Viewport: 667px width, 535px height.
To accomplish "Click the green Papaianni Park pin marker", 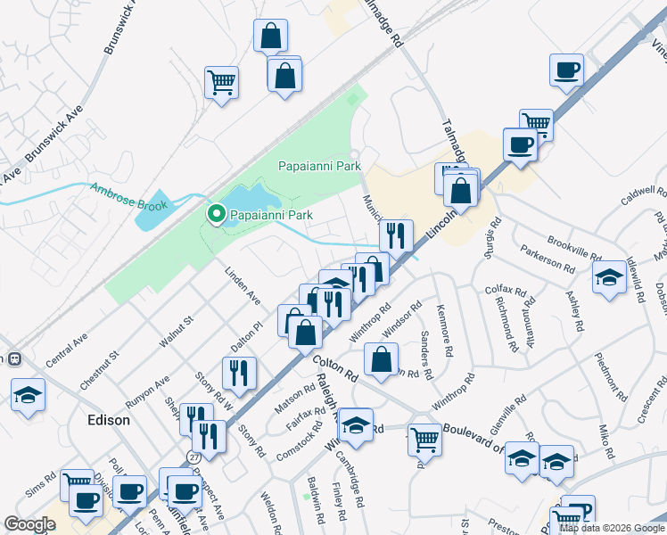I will tap(215, 215).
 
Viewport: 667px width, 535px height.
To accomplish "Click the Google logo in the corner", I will tap(29, 524).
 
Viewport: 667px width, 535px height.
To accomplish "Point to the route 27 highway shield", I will tap(194, 456).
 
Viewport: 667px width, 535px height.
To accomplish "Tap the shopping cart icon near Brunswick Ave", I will tap(221, 83).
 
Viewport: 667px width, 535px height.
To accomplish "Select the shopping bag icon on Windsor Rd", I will tap(381, 360).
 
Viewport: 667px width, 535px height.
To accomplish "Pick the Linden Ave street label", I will tap(243, 284).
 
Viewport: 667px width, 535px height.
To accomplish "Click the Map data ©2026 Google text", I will tap(611, 528).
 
